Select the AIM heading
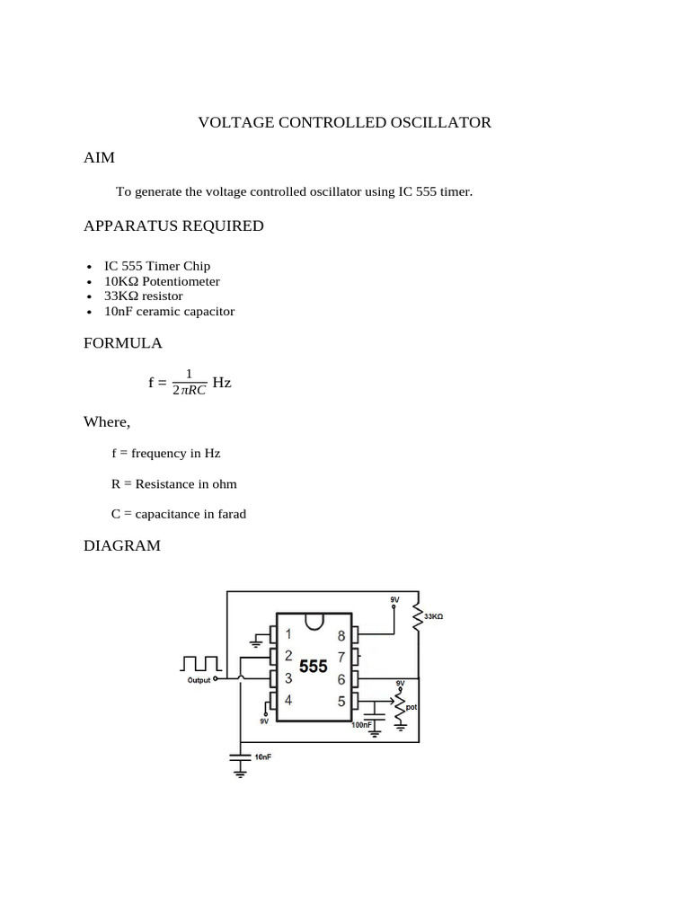point(99,157)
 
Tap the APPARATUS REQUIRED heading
point(173,226)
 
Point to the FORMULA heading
point(123,343)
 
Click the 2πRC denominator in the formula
point(189,392)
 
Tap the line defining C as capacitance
point(179,515)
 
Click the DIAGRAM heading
point(122,545)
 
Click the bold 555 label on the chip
point(313,668)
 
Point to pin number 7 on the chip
point(341,657)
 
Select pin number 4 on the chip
point(287,700)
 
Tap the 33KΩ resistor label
point(435,617)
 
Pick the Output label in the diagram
point(199,681)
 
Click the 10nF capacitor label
point(263,757)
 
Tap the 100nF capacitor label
point(362,725)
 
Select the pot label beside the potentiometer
point(411,707)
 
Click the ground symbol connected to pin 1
point(257,643)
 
